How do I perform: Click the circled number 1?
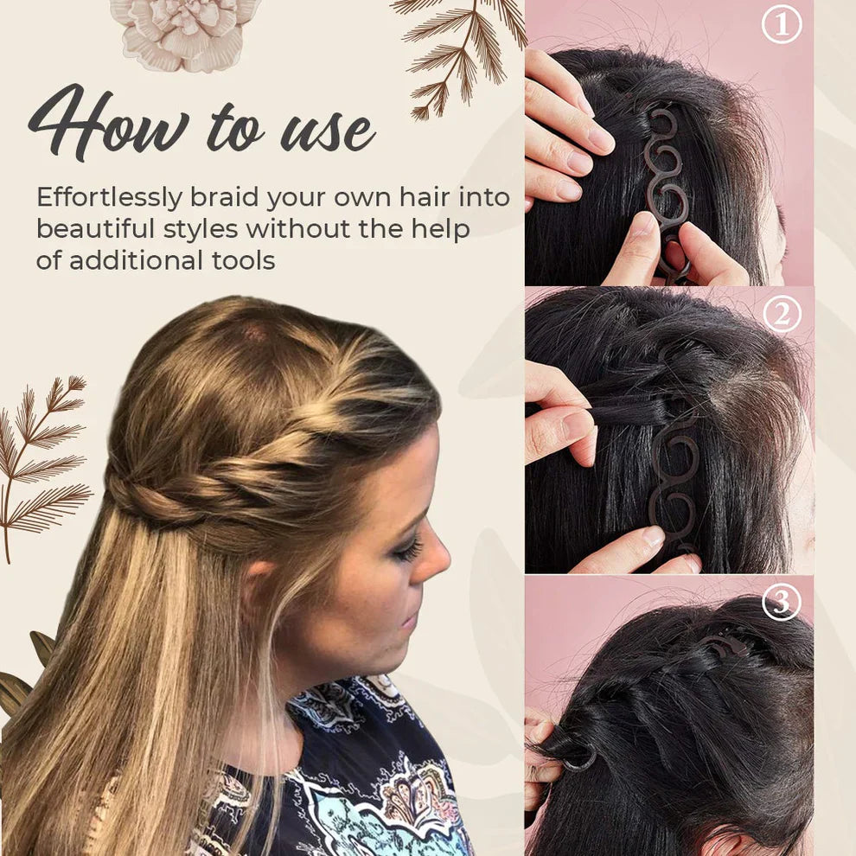pos(782,25)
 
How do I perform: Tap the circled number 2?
pos(782,314)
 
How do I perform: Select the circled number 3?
pos(782,603)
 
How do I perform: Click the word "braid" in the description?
pos(226,198)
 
